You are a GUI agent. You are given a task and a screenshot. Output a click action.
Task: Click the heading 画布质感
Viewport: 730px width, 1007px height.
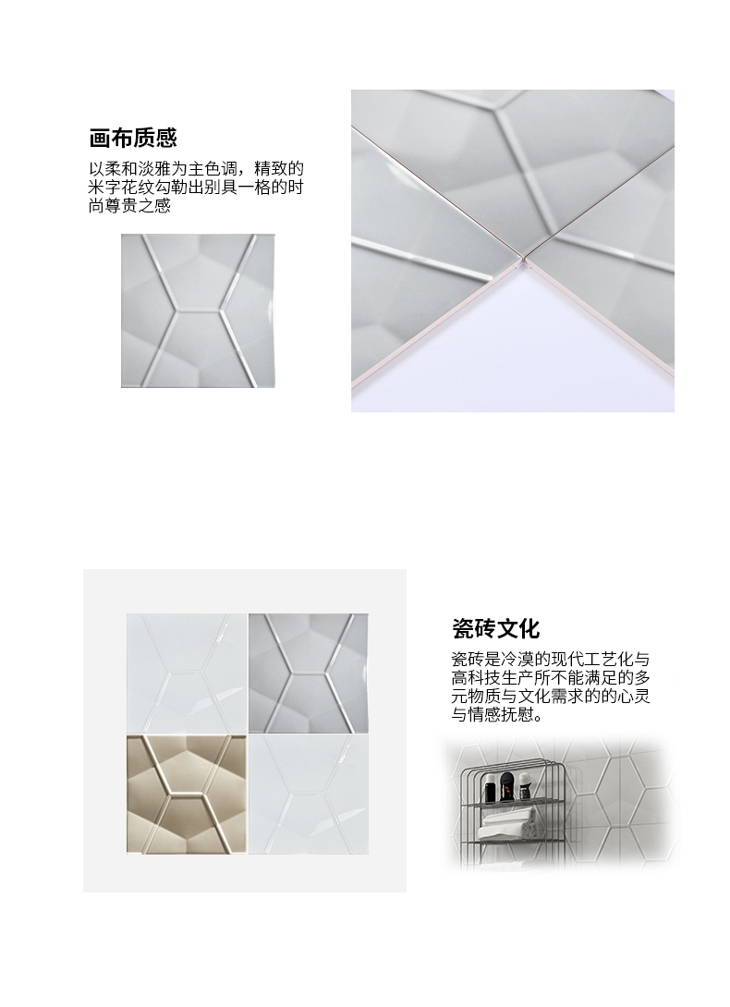click(x=132, y=138)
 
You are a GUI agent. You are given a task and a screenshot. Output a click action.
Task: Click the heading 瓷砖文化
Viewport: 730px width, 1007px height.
click(x=495, y=628)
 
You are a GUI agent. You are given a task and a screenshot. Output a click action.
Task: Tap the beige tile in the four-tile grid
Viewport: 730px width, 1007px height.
click(x=187, y=795)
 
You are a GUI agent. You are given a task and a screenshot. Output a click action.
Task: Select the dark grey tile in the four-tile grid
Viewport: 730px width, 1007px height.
click(x=309, y=673)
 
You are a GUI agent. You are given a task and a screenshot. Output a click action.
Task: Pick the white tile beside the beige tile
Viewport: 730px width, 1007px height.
click(x=309, y=795)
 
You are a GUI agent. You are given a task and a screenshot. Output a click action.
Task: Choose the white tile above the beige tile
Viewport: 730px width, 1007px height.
click(x=187, y=673)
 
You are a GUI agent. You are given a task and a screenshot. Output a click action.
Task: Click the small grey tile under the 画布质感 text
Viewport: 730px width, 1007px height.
click(x=198, y=310)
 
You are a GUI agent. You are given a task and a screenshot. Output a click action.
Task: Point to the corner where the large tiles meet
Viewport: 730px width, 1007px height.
click(x=523, y=260)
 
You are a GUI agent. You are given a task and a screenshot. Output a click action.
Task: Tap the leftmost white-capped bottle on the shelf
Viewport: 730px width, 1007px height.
click(x=492, y=788)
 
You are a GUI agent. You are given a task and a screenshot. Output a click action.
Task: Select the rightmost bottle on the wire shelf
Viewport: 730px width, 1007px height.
click(x=525, y=785)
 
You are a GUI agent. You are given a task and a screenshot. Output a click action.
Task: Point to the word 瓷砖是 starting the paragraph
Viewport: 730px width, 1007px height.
click(x=476, y=660)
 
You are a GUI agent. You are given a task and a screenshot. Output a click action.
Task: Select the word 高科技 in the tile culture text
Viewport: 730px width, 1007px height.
click(x=476, y=678)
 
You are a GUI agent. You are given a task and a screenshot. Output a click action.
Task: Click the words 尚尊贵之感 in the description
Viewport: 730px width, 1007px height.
click(x=129, y=206)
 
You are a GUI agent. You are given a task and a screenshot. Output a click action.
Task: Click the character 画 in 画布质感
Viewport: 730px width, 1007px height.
click(x=100, y=138)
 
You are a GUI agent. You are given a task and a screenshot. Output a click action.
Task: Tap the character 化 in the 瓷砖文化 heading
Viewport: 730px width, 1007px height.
click(x=529, y=628)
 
